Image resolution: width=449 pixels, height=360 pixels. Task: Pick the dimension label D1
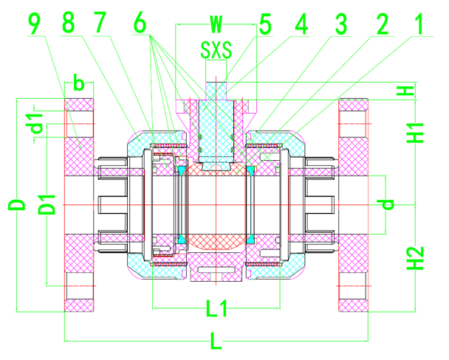click(x=47, y=204)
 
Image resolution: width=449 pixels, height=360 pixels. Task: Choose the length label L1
click(x=216, y=309)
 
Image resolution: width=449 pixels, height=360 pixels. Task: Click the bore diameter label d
click(x=389, y=203)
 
